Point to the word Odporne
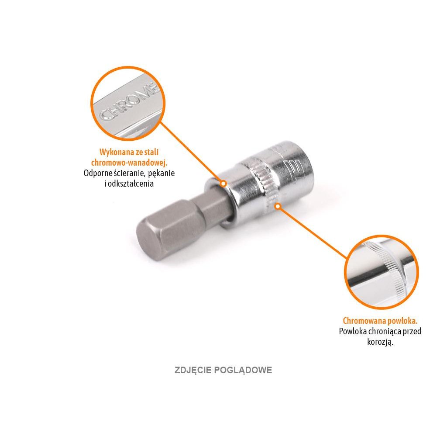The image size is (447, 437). point(96,173)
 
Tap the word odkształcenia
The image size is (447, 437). point(132,184)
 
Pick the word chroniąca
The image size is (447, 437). point(385,331)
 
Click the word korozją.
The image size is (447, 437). point(380,342)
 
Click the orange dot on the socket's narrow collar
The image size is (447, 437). point(223,184)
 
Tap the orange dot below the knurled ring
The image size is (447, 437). point(276,206)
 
